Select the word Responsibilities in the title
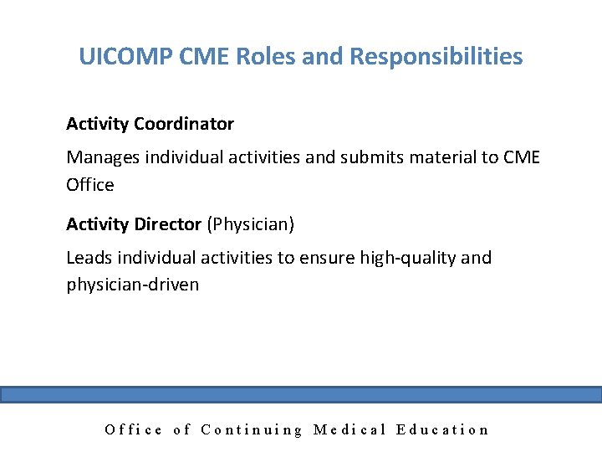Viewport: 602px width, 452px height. coord(436,57)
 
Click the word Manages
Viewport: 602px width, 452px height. coord(102,157)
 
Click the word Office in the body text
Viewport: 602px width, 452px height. coord(89,184)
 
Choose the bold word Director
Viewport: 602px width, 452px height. coord(167,223)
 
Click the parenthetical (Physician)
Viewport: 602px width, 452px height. coord(250,224)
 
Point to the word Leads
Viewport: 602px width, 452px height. coord(89,257)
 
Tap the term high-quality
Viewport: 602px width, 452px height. coord(406,258)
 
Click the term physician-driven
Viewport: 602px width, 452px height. coord(132,285)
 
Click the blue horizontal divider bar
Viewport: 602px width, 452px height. coord(301,394)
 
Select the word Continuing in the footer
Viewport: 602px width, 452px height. coord(251,429)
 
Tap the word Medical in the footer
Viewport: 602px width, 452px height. coord(349,429)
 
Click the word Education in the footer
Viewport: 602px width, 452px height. coord(442,429)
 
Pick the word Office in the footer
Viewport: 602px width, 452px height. coord(134,429)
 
